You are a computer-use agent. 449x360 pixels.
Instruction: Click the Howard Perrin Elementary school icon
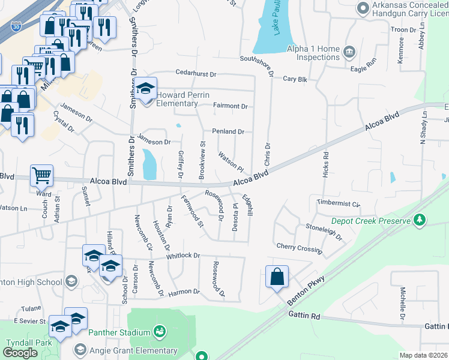tap(145, 89)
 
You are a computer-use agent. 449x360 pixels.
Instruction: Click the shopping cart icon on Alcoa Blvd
tap(41, 175)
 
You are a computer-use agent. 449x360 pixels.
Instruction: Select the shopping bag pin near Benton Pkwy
tap(277, 277)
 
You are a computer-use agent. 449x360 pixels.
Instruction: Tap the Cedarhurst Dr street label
tap(195, 73)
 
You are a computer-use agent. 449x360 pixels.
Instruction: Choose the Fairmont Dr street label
tap(231, 106)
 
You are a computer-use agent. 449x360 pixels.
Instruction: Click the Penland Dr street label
tap(228, 131)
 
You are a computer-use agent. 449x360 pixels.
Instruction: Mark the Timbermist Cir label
tap(339, 204)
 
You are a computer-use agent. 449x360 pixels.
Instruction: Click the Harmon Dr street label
tap(183, 292)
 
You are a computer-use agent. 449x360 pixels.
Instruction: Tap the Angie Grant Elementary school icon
tap(80, 350)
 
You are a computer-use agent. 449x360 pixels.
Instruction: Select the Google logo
tap(20, 353)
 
